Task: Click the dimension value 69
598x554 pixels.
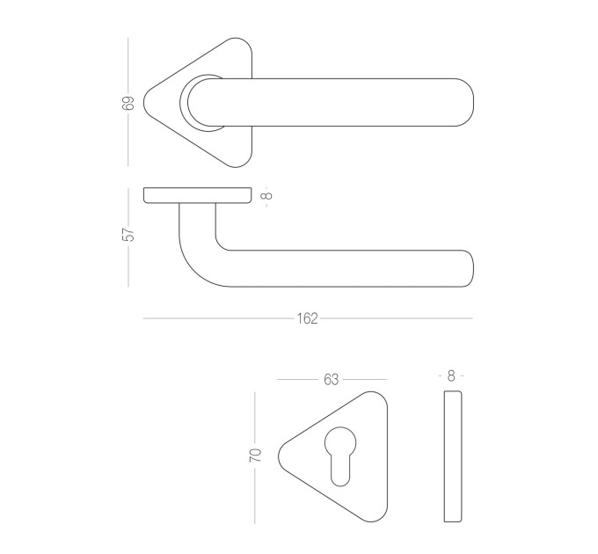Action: click(128, 103)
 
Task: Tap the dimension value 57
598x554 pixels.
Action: click(128, 234)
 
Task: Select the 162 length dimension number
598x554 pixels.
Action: click(308, 318)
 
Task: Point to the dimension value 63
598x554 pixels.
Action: click(331, 379)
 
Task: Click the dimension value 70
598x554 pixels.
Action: click(256, 456)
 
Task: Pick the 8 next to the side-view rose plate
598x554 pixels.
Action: click(268, 195)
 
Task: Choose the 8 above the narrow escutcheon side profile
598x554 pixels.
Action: click(451, 376)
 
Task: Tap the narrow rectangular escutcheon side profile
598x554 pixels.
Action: click(453, 456)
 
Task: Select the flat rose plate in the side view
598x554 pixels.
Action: click(198, 195)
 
